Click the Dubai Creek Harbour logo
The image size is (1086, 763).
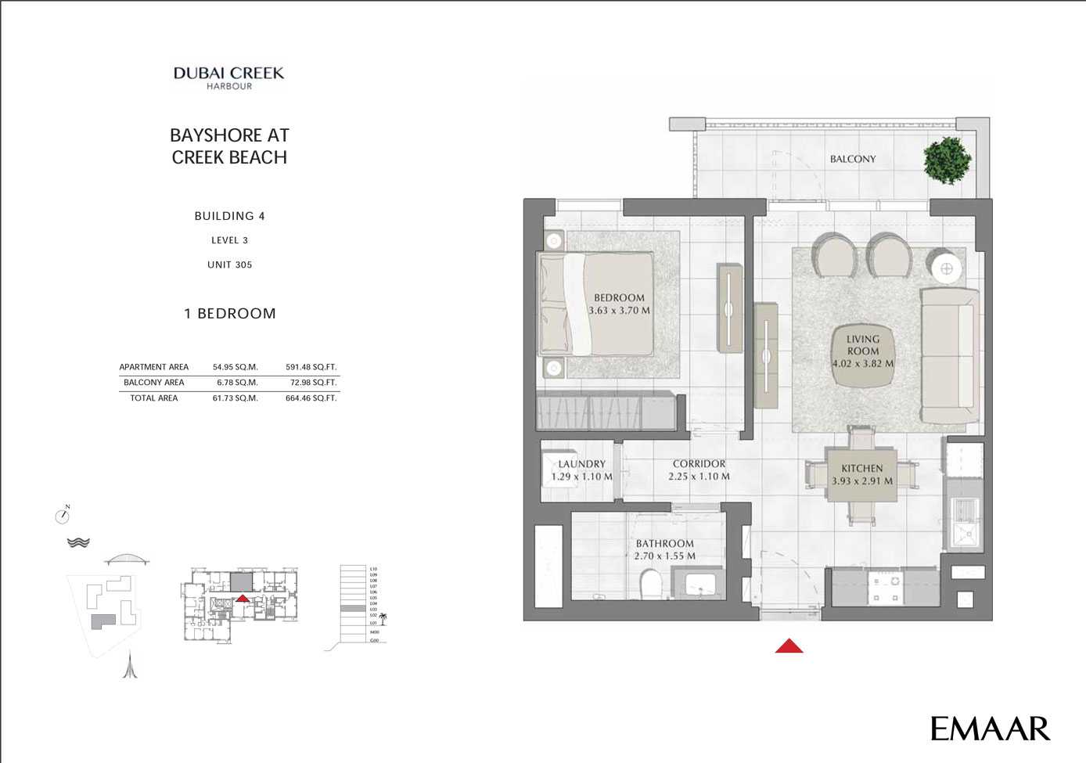(x=228, y=77)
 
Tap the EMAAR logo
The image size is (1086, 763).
(x=990, y=729)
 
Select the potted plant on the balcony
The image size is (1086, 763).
(x=948, y=160)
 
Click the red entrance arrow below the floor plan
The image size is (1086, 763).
(x=789, y=646)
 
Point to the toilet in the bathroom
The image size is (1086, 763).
(x=651, y=584)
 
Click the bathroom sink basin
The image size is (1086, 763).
(x=701, y=584)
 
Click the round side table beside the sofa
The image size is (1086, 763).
(x=947, y=268)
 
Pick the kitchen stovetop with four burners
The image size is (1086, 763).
(x=885, y=588)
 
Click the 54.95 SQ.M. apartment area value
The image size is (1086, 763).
(x=235, y=367)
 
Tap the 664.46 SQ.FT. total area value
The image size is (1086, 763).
(x=311, y=398)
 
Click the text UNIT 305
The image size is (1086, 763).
(x=229, y=265)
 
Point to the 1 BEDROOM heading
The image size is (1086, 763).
(x=229, y=314)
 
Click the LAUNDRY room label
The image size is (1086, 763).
(x=581, y=464)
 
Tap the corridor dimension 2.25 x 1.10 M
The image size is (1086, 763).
(x=699, y=477)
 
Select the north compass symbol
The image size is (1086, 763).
(x=63, y=516)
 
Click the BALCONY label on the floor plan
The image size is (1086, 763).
(x=853, y=159)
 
